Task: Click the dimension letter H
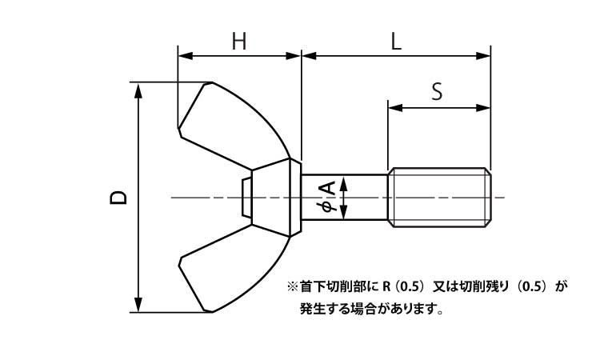pyautogui.click(x=238, y=41)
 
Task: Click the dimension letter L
pyautogui.click(x=396, y=41)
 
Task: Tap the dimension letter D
pyautogui.click(x=118, y=198)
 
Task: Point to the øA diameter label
pyautogui.click(x=328, y=198)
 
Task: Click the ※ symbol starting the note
pyautogui.click(x=291, y=286)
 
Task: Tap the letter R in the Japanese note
pyautogui.click(x=386, y=286)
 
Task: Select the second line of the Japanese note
pyautogui.click(x=371, y=308)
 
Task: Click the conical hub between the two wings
pyautogui.click(x=272, y=197)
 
